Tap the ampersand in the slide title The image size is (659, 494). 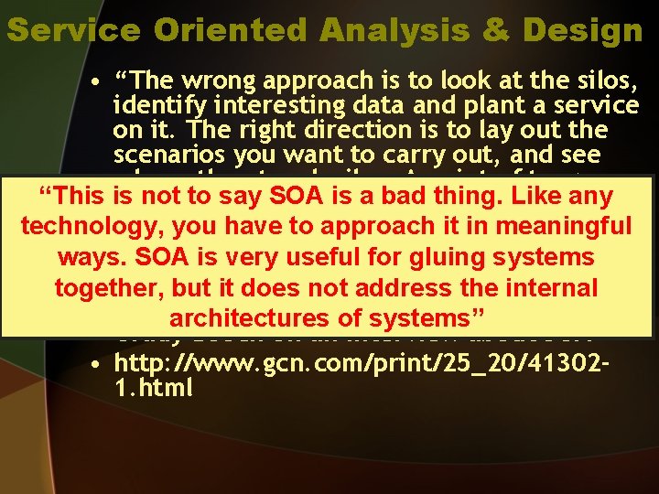pyautogui.click(x=496, y=30)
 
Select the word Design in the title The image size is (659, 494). pyautogui.click(x=582, y=30)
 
